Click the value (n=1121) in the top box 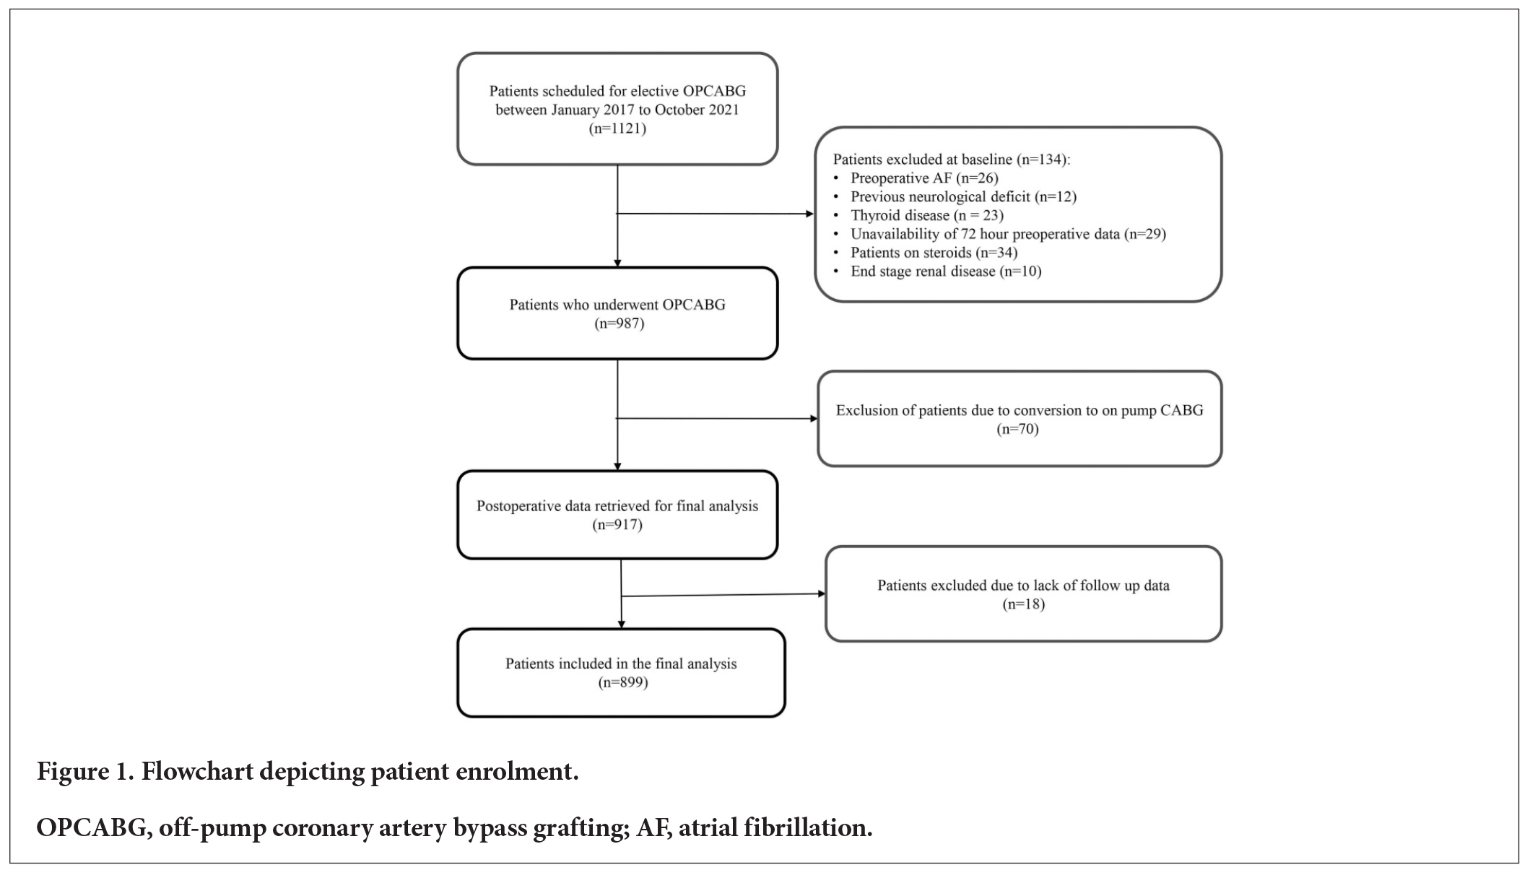click(617, 129)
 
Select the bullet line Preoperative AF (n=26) click(923, 178)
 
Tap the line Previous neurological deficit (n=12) click(962, 196)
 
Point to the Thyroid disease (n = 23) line click(926, 215)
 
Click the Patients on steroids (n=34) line click(933, 253)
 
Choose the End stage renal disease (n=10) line click(945, 271)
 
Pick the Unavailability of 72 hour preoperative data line click(1007, 234)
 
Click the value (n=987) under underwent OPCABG click(619, 323)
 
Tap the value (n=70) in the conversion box click(1017, 429)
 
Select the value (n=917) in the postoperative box click(617, 525)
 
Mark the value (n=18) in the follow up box click(1023, 604)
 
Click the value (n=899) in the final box click(622, 682)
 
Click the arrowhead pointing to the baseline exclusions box click(809, 214)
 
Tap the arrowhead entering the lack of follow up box click(821, 593)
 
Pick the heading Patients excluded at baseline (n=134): click(951, 159)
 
